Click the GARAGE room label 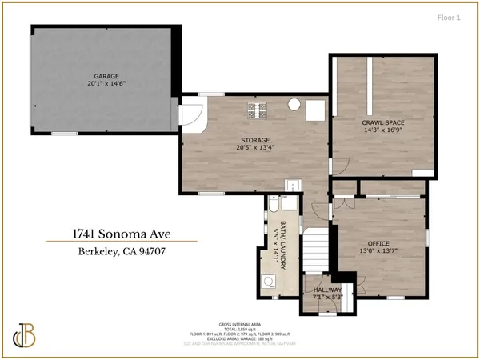point(102,77)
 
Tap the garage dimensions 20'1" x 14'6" point(102,84)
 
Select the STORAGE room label point(250,140)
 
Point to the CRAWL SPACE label point(383,122)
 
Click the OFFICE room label point(378,242)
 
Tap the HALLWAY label point(327,290)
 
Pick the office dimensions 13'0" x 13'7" point(378,250)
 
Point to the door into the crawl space point(339,166)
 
